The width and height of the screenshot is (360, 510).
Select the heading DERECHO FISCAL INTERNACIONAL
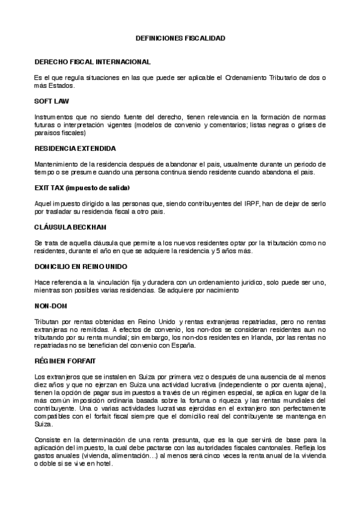tap(92, 62)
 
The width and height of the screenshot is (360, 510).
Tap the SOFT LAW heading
tap(52, 101)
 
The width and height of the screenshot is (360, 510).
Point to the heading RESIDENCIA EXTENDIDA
tap(75, 148)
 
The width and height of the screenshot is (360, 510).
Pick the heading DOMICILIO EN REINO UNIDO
tap(81, 266)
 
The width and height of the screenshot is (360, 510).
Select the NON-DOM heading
tap(50, 305)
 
